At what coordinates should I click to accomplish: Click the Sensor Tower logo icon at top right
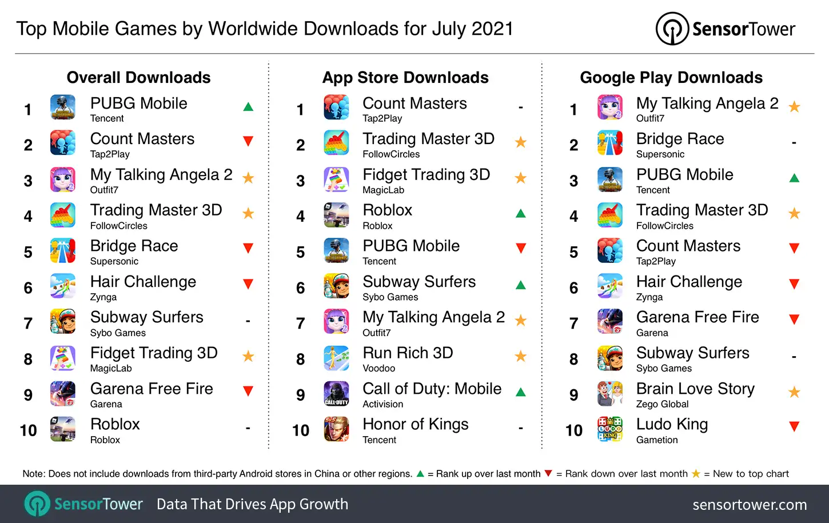(x=672, y=29)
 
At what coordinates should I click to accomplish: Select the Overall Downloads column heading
(x=138, y=77)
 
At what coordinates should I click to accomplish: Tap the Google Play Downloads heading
(x=671, y=77)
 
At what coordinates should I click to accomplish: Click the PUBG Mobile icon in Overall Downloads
(x=63, y=107)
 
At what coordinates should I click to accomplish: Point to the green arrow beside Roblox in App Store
(x=520, y=214)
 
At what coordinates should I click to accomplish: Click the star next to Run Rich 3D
(x=520, y=357)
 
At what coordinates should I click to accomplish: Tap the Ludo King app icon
(x=610, y=429)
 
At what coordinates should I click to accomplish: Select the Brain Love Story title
(x=695, y=389)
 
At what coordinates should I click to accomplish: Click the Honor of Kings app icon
(x=336, y=429)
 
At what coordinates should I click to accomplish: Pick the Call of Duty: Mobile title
(x=432, y=389)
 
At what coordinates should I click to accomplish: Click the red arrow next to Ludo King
(x=794, y=426)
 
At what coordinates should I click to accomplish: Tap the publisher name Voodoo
(x=378, y=369)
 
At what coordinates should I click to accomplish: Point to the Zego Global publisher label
(x=662, y=404)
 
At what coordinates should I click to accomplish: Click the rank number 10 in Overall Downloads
(x=28, y=430)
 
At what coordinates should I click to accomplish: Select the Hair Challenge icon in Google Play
(x=610, y=286)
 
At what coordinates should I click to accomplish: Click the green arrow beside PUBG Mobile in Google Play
(x=794, y=178)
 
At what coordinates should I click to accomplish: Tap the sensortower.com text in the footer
(x=750, y=505)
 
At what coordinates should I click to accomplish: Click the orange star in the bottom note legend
(x=696, y=474)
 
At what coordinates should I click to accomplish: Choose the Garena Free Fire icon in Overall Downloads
(x=63, y=393)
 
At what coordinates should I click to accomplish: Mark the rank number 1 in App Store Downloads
(x=300, y=109)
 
